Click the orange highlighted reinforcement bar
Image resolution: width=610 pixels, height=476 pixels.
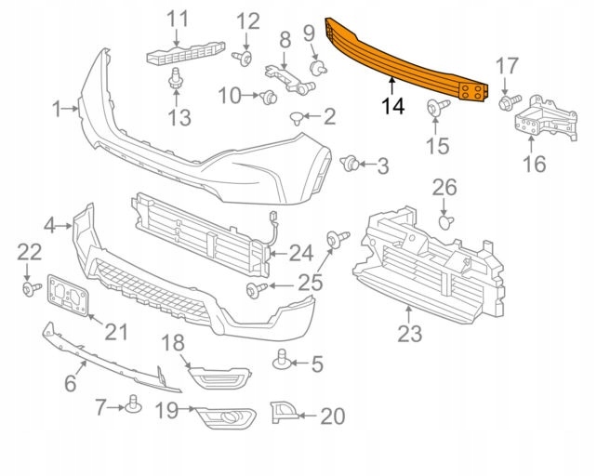coord(400,58)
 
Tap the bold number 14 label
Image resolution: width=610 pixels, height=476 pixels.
coord(392,106)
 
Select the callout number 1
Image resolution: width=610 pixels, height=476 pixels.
coord(58,110)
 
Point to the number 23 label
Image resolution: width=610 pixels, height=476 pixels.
coord(409,333)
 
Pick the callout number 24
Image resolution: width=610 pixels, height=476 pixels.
coord(301,252)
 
